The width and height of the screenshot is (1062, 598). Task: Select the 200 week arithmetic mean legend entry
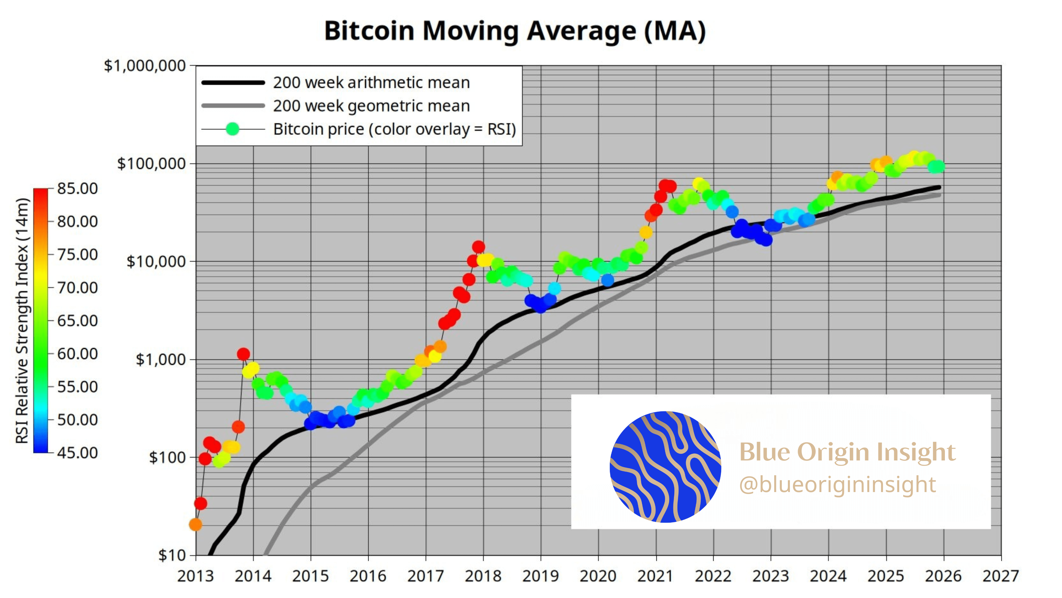pyautogui.click(x=371, y=83)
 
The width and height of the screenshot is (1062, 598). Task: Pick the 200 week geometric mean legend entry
pyautogui.click(x=371, y=106)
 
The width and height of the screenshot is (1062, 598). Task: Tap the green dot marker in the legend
pyautogui.click(x=233, y=130)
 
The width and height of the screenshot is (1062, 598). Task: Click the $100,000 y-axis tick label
pyautogui.click(x=151, y=164)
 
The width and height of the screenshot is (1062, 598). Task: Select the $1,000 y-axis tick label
pyautogui.click(x=161, y=360)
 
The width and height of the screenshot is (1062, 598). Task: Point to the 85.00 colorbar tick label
pyautogui.click(x=77, y=189)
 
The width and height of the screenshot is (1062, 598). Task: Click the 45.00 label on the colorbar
pyautogui.click(x=77, y=453)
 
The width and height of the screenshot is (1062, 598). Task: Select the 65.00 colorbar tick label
pyautogui.click(x=77, y=321)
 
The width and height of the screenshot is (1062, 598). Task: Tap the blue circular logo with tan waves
pyautogui.click(x=665, y=467)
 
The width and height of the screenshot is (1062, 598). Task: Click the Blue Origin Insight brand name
pyautogui.click(x=847, y=452)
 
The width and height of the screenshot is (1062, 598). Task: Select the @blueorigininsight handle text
pyautogui.click(x=837, y=485)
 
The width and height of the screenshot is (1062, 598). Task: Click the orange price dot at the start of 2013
pyautogui.click(x=195, y=525)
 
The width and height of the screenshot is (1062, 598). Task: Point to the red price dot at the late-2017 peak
pyautogui.click(x=478, y=247)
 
